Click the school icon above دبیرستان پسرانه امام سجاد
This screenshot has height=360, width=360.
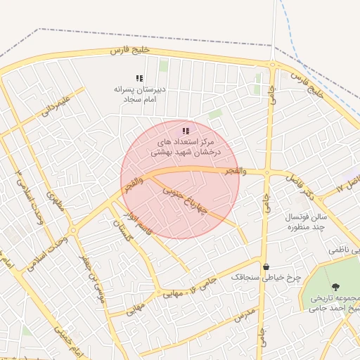click(x=139, y=78)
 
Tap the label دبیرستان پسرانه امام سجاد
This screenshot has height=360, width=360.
click(x=139, y=95)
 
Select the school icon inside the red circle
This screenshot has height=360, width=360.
click(x=186, y=131)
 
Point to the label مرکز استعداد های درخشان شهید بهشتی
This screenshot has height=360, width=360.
click(x=185, y=147)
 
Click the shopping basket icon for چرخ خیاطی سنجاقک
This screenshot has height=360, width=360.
click(x=266, y=266)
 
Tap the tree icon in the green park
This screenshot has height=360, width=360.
click(x=335, y=286)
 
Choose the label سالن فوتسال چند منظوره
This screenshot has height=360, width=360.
click(x=302, y=222)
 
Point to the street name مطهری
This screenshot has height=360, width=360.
click(x=55, y=202)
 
